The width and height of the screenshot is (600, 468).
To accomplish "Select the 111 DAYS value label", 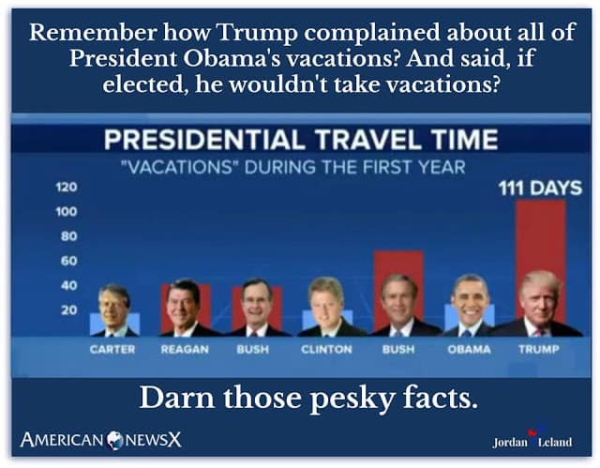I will pyautogui.click(x=539, y=188).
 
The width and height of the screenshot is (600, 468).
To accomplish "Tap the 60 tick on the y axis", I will pyautogui.click(x=70, y=261).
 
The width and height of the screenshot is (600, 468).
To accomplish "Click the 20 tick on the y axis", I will pyautogui.click(x=70, y=309).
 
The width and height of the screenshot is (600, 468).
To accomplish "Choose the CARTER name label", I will pyautogui.click(x=112, y=349).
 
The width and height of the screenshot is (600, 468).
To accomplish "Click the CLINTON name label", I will pyautogui.click(x=325, y=349).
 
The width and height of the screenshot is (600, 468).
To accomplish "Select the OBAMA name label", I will pyautogui.click(x=468, y=349).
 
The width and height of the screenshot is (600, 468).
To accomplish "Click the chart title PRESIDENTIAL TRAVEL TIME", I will pyautogui.click(x=300, y=141).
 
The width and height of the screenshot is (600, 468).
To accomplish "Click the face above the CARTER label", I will pyautogui.click(x=114, y=305).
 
